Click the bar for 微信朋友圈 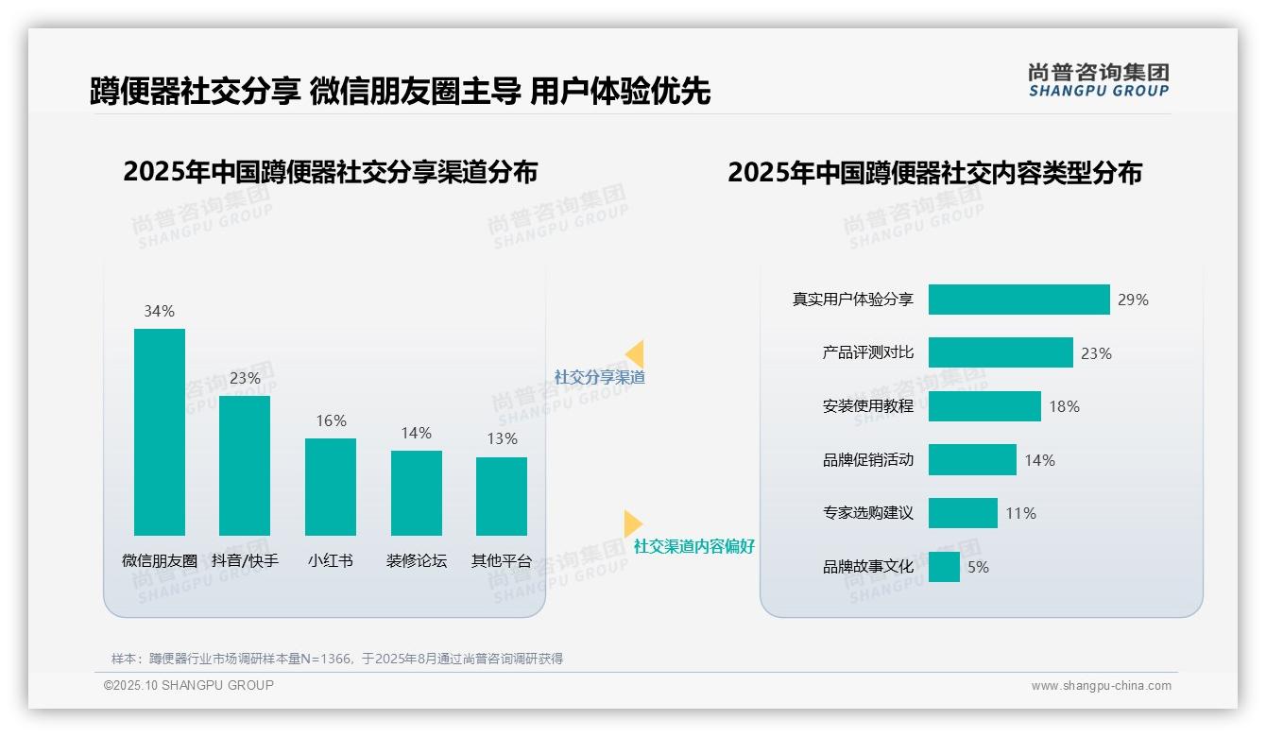point(160,432)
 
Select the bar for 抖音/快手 point(245,466)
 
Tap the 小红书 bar point(331,487)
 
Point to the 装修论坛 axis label point(416,560)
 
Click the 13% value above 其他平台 point(502,438)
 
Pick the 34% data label point(159,311)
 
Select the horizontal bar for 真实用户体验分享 point(1018,300)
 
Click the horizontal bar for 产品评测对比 point(1001,352)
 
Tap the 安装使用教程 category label point(867,406)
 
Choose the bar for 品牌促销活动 point(972,460)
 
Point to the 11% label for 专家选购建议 point(1020,513)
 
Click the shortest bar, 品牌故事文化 point(944,567)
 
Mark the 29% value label point(1133,300)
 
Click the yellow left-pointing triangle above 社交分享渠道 point(635,354)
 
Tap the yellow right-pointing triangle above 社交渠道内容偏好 point(632,523)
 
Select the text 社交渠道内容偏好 point(693,546)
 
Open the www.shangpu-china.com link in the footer point(1101,686)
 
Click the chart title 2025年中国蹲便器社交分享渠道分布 point(330,172)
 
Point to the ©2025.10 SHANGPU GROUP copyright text point(189,685)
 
